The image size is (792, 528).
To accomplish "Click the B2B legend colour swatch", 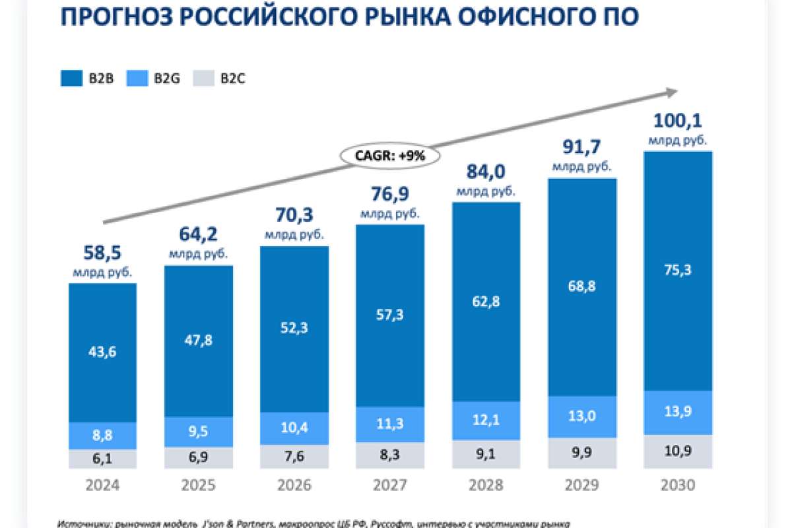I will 71,78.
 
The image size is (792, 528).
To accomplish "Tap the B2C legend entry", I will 221,78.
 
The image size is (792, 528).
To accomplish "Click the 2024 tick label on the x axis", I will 102,486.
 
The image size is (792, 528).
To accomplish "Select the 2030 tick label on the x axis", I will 678,486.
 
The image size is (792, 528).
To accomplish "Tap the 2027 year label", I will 389,486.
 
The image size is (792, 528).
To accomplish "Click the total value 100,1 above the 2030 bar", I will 677,121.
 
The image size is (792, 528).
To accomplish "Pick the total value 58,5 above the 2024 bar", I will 102,252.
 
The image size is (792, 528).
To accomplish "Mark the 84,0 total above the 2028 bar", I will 486,172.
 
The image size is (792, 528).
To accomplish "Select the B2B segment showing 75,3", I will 678,269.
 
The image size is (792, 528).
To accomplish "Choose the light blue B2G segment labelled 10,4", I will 294,427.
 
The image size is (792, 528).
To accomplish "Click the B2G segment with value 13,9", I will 678,412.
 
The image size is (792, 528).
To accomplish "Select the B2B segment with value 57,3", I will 389,314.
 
